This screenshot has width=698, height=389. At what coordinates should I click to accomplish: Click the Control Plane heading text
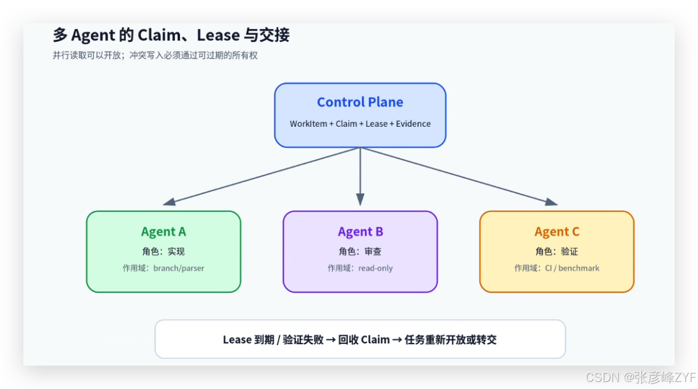[x=360, y=102]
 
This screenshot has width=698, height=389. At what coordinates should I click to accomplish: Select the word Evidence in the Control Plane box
[x=413, y=124]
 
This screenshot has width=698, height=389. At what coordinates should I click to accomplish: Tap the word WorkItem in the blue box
[x=309, y=124]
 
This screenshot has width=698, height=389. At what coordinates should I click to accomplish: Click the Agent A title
[x=163, y=232]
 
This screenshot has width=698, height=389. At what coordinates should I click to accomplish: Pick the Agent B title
[x=360, y=232]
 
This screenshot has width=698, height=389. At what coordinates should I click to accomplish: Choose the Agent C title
[x=557, y=232]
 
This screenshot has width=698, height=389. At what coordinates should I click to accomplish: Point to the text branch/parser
[x=178, y=268]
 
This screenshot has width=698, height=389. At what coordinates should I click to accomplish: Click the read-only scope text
[x=375, y=268]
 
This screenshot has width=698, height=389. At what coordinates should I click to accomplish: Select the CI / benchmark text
[x=572, y=268]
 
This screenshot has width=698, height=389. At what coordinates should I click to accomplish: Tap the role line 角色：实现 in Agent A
[x=163, y=252]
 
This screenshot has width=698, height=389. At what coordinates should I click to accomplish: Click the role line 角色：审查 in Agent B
[x=360, y=252]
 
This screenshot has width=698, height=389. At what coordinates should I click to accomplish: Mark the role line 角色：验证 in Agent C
[x=557, y=252]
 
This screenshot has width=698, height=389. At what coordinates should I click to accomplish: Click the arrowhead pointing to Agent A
[x=169, y=202]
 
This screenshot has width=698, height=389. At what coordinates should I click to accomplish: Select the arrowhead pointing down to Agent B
[x=360, y=200]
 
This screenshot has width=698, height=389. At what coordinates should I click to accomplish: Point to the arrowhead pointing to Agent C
[x=551, y=202]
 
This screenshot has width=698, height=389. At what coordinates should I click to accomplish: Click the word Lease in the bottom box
[x=237, y=340]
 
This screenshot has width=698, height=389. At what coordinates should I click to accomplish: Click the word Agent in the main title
[x=93, y=36]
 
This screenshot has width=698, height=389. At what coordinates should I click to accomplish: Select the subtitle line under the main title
[x=155, y=55]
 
